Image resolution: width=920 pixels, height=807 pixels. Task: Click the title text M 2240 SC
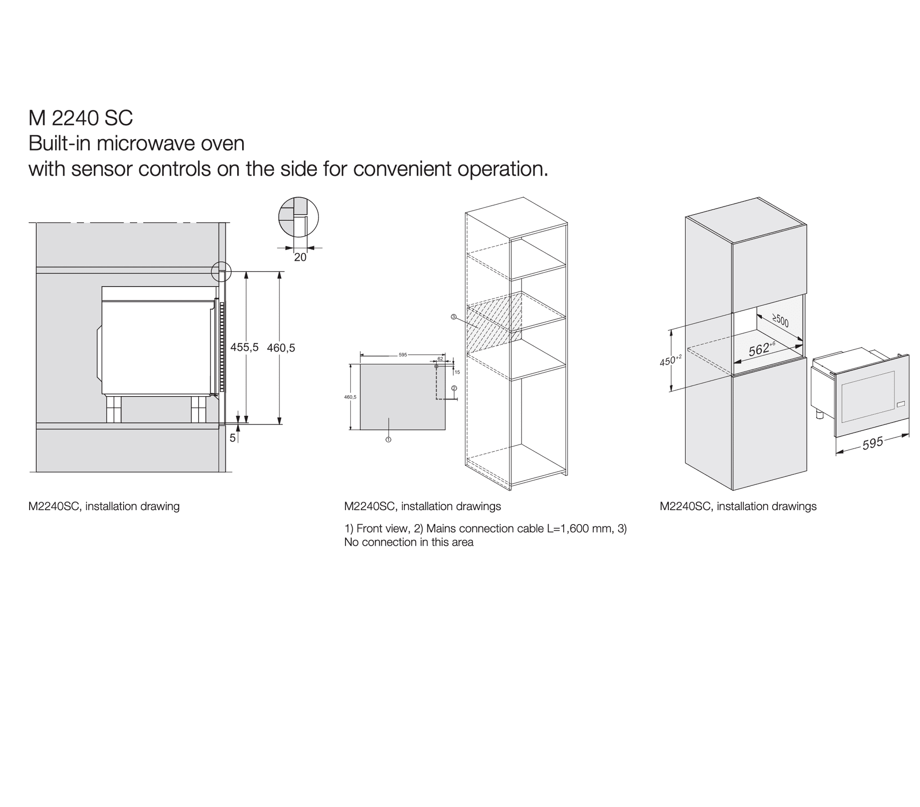tap(80, 118)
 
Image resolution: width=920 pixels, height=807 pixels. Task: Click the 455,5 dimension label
tap(244, 347)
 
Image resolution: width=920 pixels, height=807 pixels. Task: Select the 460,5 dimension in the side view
tap(281, 348)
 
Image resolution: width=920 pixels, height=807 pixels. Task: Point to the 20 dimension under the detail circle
tap(300, 257)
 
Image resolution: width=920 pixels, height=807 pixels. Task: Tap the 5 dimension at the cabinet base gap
tap(232, 438)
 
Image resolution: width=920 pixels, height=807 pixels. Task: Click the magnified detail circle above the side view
tap(298, 217)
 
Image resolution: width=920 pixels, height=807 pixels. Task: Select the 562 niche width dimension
tap(760, 349)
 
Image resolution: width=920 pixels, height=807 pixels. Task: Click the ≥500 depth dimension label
tap(780, 321)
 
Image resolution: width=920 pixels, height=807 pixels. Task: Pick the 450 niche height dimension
tap(669, 361)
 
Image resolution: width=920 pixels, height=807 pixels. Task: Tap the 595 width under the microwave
tap(872, 444)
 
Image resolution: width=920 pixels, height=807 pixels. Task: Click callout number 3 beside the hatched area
tap(453, 317)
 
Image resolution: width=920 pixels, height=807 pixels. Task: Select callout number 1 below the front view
tap(389, 439)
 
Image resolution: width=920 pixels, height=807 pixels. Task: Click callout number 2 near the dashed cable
tap(454, 388)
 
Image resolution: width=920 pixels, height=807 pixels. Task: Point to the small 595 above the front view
tap(402, 355)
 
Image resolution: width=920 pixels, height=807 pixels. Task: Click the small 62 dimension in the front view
tap(440, 359)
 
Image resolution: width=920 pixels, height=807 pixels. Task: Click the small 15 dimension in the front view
tap(457, 372)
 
